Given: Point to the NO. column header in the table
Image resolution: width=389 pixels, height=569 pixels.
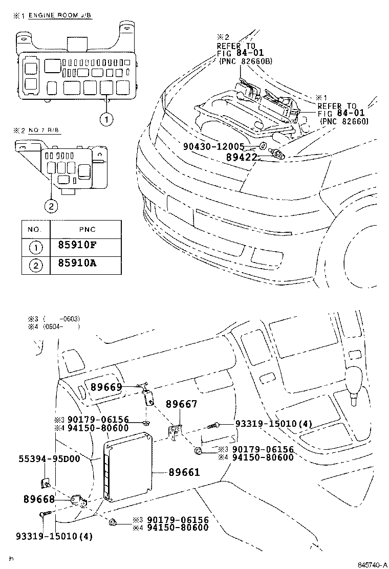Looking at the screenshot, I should tap(35, 229).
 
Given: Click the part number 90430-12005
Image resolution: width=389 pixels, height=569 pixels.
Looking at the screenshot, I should tap(222, 146).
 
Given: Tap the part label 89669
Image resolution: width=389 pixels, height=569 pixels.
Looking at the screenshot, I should tap(107, 387).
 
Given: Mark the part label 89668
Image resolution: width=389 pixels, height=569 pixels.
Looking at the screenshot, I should tap(39, 498).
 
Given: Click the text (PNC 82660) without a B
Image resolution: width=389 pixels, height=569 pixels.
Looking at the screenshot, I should tap(344, 121).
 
